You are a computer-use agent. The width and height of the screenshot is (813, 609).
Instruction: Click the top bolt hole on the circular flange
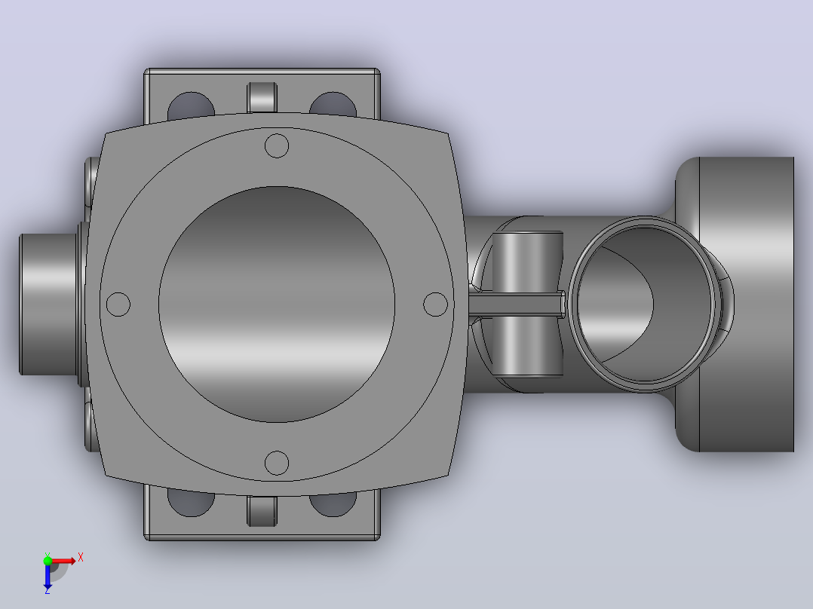click(276, 145)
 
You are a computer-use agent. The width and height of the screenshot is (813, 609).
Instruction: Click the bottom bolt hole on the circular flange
click(276, 463)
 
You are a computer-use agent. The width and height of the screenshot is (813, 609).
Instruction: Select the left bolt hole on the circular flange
click(118, 304)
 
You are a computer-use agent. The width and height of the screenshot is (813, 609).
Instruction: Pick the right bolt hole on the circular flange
click(436, 304)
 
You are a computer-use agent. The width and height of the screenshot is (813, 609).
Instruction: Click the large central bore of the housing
click(276, 304)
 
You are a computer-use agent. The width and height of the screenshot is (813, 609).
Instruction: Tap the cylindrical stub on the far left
click(48, 304)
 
